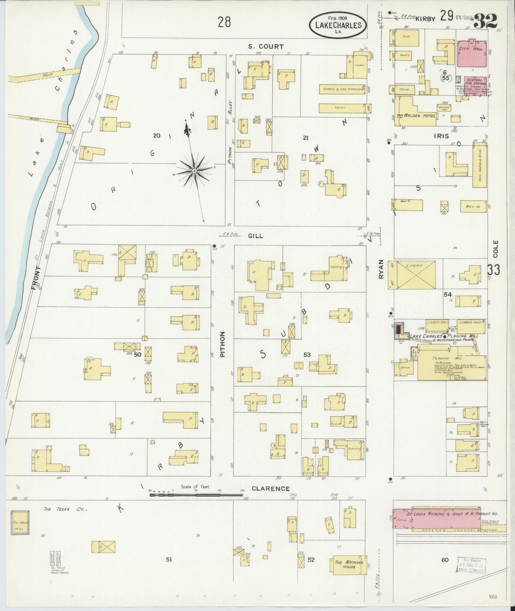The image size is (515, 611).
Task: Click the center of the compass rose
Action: [x=194, y=171]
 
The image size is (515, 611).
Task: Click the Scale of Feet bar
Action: [x=196, y=495]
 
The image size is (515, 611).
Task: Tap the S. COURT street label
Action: [x=266, y=46]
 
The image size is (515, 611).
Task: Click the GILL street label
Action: [x=256, y=236]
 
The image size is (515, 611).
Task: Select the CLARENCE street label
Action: [x=271, y=488]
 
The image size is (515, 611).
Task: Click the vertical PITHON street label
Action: [x=223, y=345]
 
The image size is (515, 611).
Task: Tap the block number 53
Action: [x=307, y=355]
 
